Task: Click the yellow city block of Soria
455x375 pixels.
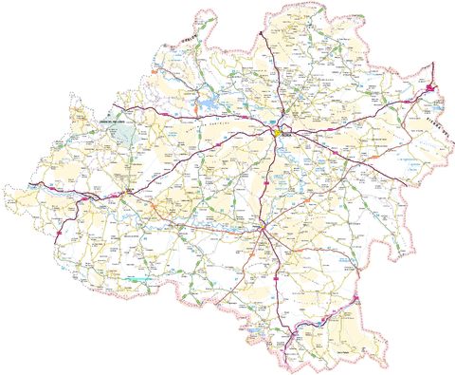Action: [279, 134]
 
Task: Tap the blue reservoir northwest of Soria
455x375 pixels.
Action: [208, 100]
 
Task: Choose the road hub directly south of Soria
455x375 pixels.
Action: [263, 229]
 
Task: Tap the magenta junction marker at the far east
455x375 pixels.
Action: [429, 88]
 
